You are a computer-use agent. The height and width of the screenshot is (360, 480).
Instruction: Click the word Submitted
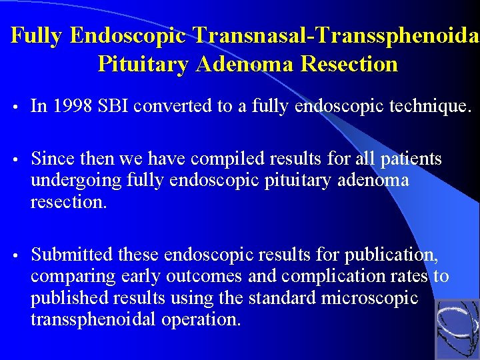tap(72, 255)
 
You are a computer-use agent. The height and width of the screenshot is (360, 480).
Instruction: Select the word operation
tap(199, 319)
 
